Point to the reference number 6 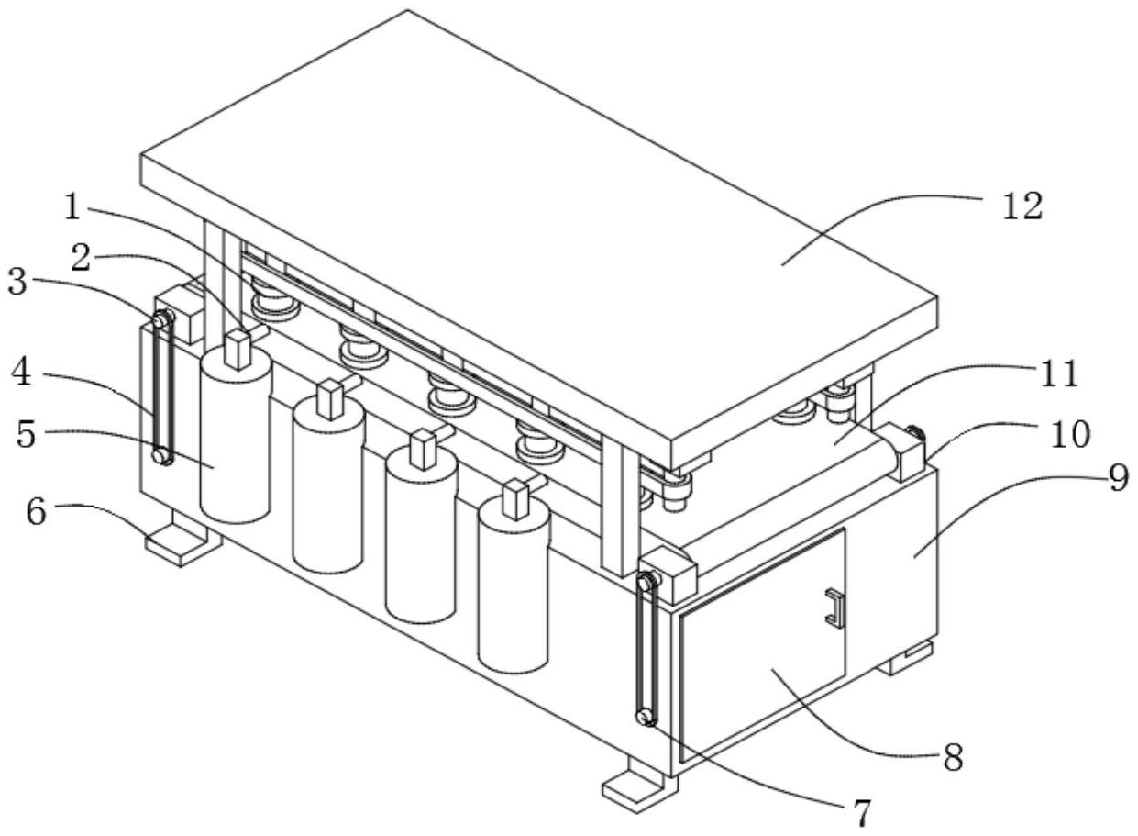tap(21, 373)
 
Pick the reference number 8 tap(953, 757)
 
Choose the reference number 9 tap(1118, 478)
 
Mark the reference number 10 tap(1070, 434)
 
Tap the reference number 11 tap(1058, 373)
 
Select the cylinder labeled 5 tap(236, 436)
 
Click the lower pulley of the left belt tap(162, 454)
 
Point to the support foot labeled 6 tap(182, 540)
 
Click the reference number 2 tap(82, 258)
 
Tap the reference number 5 tap(27, 434)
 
